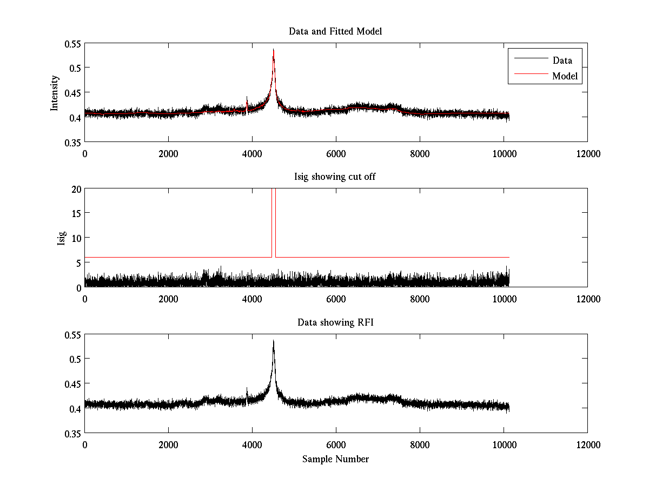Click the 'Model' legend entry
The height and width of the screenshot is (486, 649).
click(565, 76)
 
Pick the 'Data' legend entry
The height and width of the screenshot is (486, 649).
click(562, 60)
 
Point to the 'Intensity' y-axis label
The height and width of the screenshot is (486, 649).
click(55, 92)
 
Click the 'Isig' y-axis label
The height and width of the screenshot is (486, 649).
click(62, 238)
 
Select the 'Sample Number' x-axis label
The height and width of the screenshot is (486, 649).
click(335, 459)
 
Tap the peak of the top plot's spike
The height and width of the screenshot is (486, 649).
click(274, 50)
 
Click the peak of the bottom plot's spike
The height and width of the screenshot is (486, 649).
click(274, 341)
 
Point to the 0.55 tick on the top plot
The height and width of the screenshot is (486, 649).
click(72, 43)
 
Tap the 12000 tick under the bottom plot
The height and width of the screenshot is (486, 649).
click(587, 444)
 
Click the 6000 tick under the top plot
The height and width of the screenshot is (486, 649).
click(336, 153)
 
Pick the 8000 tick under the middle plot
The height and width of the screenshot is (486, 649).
click(420, 299)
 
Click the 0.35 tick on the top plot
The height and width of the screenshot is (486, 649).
click(72, 142)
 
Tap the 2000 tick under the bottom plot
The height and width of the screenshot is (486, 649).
click(168, 444)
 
